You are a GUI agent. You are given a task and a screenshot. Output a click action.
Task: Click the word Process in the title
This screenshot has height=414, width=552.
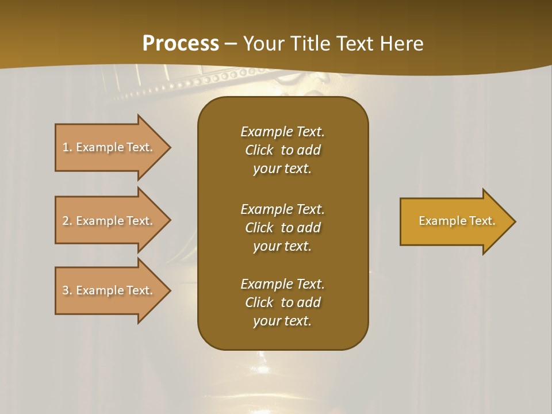pyautogui.click(x=181, y=43)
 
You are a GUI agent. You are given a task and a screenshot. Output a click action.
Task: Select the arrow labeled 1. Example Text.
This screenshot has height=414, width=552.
pyautogui.click(x=109, y=147)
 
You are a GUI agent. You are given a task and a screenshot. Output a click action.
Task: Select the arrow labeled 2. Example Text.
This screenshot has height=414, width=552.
pyautogui.click(x=109, y=221)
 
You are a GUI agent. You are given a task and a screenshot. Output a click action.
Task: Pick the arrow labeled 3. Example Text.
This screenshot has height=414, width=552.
pyautogui.click(x=109, y=290)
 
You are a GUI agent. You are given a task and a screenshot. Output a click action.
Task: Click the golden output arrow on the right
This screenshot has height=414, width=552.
pyautogui.click(x=454, y=221)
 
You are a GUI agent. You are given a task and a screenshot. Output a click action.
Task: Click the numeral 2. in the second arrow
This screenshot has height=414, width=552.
pyautogui.click(x=67, y=221)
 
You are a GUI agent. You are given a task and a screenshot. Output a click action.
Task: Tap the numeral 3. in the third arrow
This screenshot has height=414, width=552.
pyautogui.click(x=67, y=290)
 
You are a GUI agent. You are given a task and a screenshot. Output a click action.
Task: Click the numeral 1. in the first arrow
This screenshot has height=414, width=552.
pyautogui.click(x=67, y=147)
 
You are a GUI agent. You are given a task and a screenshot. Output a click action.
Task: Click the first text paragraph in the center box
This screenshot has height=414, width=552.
pyautogui.click(x=282, y=150)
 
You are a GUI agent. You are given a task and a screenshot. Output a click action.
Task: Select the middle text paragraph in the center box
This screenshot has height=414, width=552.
pyautogui.click(x=282, y=227)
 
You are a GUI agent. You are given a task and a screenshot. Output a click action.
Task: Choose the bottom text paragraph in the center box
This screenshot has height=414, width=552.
pyautogui.click(x=282, y=302)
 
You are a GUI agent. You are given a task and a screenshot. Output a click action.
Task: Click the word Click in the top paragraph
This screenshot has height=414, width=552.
pyautogui.click(x=259, y=150)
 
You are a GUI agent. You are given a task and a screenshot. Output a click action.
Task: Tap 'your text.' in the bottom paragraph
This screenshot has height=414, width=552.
pyautogui.click(x=282, y=321)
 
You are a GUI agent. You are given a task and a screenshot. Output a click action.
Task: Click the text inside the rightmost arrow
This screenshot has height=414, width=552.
pyautogui.click(x=457, y=221)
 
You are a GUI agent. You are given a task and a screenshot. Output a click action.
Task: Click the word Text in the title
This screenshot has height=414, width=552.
pyautogui.click(x=354, y=43)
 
